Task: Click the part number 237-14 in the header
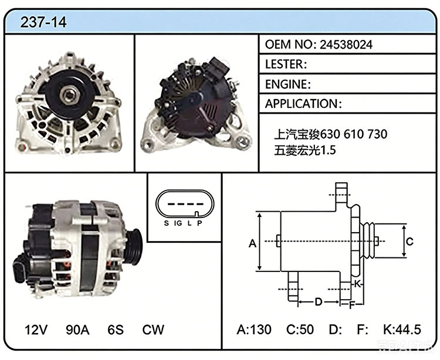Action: pyautogui.click(x=43, y=22)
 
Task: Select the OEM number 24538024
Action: pyautogui.click(x=346, y=45)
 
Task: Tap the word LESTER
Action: pyautogui.click(x=284, y=64)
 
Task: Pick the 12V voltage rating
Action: pyautogui.click(x=36, y=330)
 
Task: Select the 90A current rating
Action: pyautogui.click(x=77, y=330)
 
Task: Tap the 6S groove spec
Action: pyautogui.click(x=116, y=330)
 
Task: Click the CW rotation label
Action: pyautogui.click(x=153, y=330)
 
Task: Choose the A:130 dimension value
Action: pyautogui.click(x=254, y=330)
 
